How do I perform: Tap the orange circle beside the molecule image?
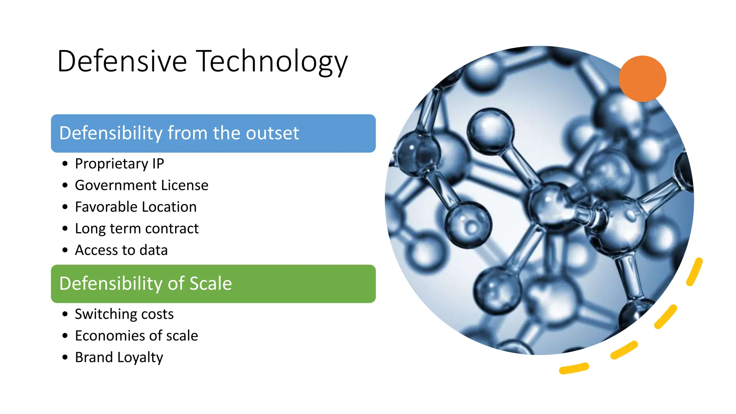click(x=642, y=79)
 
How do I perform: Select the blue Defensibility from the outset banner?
click(x=213, y=133)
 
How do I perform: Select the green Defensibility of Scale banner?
click(x=213, y=284)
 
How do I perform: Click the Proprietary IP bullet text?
click(x=119, y=164)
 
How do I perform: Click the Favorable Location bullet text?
click(x=135, y=207)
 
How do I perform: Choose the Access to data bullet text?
click(x=121, y=250)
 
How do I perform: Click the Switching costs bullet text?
click(x=124, y=314)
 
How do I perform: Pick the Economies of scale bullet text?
click(x=136, y=336)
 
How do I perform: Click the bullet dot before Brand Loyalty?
click(x=65, y=357)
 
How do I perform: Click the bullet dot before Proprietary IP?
click(x=65, y=164)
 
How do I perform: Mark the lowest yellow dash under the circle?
click(x=574, y=368)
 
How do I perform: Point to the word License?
click(x=185, y=185)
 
